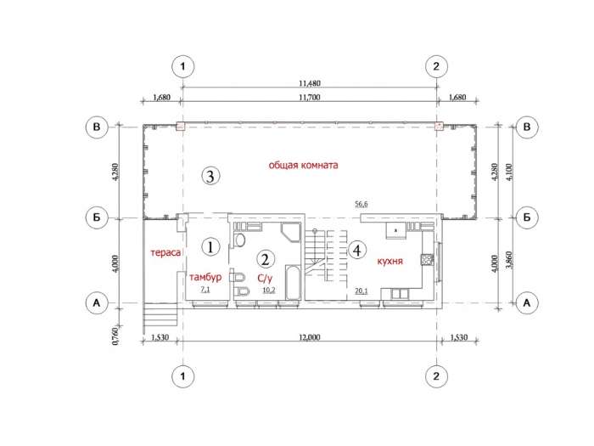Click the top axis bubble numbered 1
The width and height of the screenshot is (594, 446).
click(x=183, y=66)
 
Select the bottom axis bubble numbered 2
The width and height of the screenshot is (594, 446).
click(x=436, y=376)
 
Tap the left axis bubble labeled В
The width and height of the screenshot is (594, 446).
click(x=97, y=127)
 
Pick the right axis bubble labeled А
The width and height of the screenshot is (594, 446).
click(x=527, y=303)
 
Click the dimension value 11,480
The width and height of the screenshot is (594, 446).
click(x=310, y=83)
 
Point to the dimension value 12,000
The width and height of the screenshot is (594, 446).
click(x=310, y=337)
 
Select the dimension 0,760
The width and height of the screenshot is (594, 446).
click(x=115, y=336)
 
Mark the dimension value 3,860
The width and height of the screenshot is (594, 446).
click(x=509, y=260)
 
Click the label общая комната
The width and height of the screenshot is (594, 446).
click(x=304, y=166)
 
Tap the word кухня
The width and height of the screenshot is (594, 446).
click(x=389, y=261)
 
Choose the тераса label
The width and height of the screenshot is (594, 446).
click(x=165, y=252)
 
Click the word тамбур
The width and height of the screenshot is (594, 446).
click(x=205, y=277)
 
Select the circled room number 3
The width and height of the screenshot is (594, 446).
click(x=210, y=176)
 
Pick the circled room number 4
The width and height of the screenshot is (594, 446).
click(x=357, y=250)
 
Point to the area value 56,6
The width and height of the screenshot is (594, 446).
click(x=361, y=205)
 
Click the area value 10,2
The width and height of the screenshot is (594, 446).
click(x=269, y=291)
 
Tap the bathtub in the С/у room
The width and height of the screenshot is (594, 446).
click(x=293, y=283)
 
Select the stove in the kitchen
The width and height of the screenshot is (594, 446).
click(x=427, y=259)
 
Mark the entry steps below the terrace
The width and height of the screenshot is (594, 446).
click(x=160, y=314)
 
